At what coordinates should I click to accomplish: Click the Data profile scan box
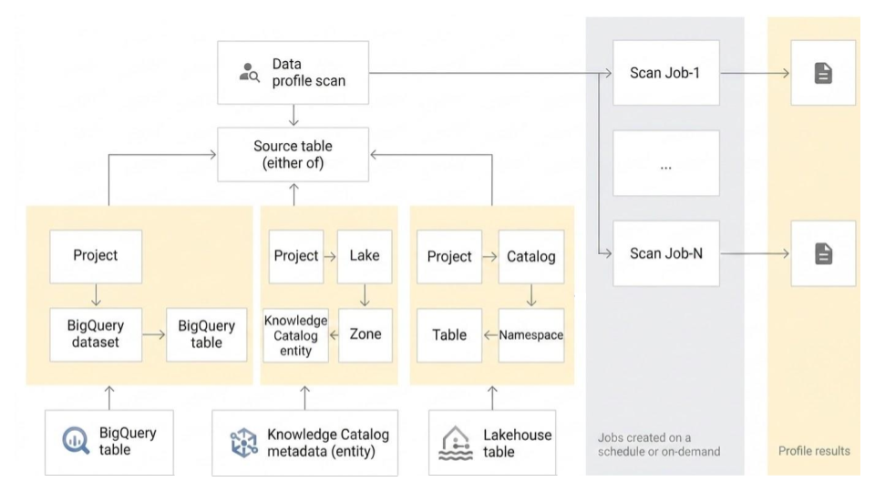292,73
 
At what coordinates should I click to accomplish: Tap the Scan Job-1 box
665,73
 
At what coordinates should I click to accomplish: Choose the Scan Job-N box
665,252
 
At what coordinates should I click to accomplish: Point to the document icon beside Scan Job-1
823,73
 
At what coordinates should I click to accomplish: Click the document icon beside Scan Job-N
823,252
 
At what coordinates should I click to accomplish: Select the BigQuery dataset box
96,334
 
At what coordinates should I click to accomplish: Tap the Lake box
365,256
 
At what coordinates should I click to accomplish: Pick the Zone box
365,334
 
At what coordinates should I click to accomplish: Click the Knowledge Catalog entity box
295,334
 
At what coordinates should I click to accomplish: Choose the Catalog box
531,256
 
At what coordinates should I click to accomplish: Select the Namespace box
531,334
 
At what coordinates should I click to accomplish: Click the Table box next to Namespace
450,334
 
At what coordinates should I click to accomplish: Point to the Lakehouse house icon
455,442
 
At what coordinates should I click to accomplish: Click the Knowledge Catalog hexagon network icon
242,442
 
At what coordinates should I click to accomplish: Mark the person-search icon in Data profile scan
249,74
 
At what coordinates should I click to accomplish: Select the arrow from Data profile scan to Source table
292,115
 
